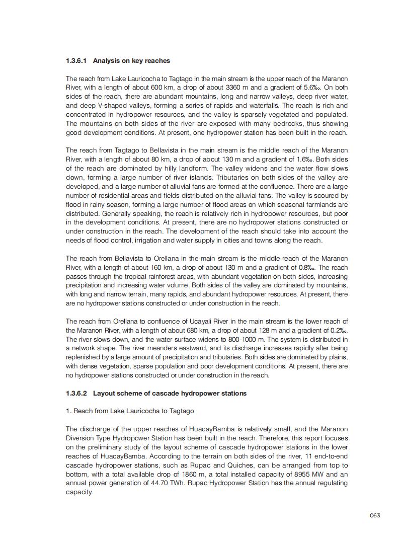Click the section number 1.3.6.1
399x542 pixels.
76,61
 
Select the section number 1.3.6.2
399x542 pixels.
76,393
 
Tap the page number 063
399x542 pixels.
375,515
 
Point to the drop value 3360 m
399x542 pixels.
238,88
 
